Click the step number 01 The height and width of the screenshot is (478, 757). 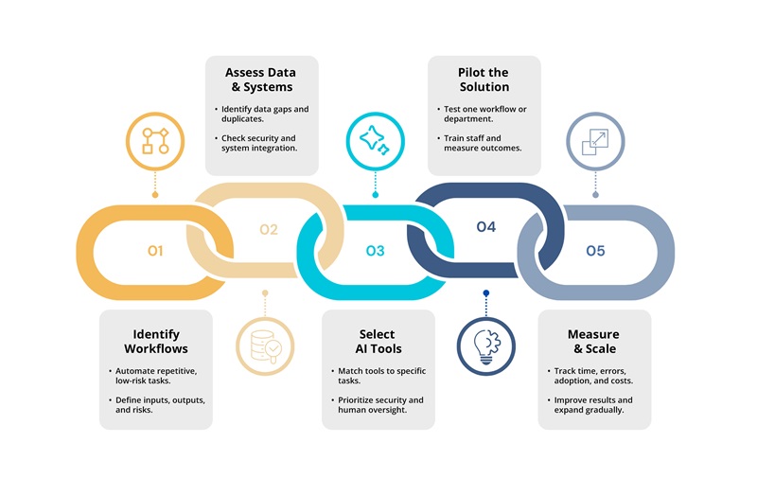click(x=155, y=251)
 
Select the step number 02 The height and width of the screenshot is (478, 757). click(x=269, y=229)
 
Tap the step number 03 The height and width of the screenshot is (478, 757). click(x=375, y=251)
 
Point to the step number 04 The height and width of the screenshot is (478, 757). click(x=486, y=227)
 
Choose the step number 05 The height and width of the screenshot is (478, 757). click(x=595, y=251)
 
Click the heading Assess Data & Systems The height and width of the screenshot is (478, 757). click(x=261, y=80)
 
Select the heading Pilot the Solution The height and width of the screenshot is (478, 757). click(x=484, y=80)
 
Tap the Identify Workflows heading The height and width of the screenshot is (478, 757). click(x=156, y=342)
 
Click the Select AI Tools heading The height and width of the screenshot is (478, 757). click(x=378, y=342)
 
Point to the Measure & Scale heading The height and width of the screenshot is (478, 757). click(x=594, y=342)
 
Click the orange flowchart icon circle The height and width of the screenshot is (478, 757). click(x=155, y=141)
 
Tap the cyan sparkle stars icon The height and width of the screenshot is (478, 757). click(x=375, y=141)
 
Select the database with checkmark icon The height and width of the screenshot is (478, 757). click(x=265, y=346)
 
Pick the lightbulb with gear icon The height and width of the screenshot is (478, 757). click(x=486, y=346)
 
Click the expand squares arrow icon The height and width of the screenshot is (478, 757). click(x=595, y=141)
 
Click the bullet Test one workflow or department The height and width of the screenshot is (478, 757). click(x=482, y=114)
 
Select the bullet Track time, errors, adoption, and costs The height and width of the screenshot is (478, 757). click(x=590, y=376)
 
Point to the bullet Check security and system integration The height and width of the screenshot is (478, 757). click(x=255, y=143)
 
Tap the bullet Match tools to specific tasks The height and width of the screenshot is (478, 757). click(x=378, y=376)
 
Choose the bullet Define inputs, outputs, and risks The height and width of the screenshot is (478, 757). click(x=157, y=404)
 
